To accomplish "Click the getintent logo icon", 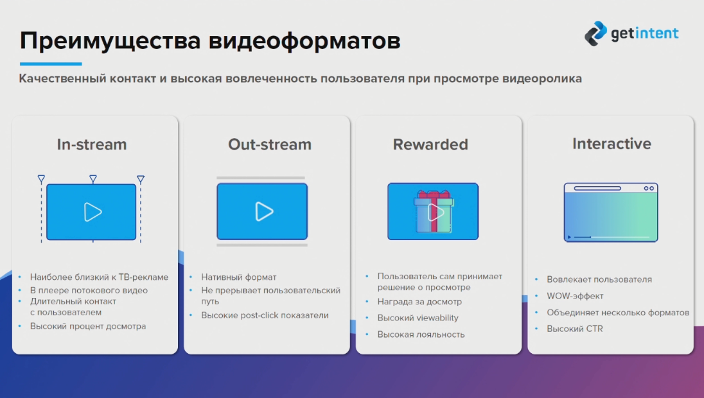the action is tap(596, 33).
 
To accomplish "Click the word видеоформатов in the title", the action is tap(304, 40).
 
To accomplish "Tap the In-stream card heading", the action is tap(92, 144).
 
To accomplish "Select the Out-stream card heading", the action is tap(269, 144).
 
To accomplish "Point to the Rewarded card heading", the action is tap(430, 144).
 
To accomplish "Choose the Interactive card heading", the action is tap(612, 144).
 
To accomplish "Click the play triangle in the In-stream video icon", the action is tap(93, 212).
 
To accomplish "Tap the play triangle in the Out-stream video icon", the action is tap(264, 212).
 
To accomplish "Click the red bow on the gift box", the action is tap(434, 195).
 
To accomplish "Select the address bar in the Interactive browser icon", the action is tap(597, 189).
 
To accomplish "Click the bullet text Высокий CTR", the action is tap(575, 329).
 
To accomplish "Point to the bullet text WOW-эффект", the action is tap(575, 296).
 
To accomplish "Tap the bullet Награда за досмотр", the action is tap(419, 302).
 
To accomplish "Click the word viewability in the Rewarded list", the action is tap(437, 318).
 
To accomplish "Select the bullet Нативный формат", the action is tap(238, 277).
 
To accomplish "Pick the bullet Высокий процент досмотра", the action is tap(88, 326).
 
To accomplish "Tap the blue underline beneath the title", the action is tap(51, 64).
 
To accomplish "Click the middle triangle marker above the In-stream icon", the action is tap(93, 179).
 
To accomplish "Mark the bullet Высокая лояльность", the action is tap(421, 334).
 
